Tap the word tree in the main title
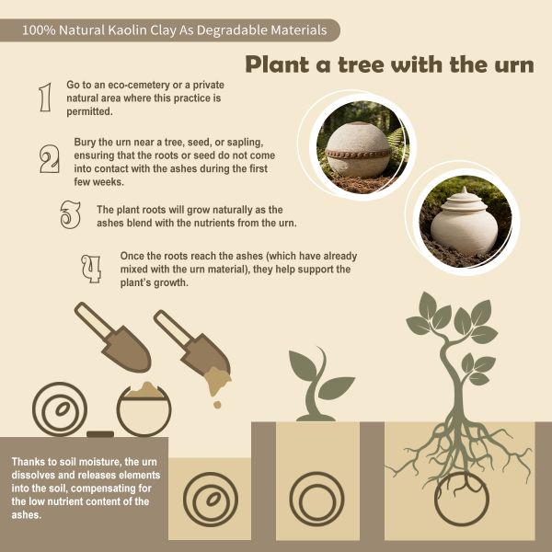point(360,64)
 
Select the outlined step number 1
point(45,98)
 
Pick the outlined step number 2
point(50,159)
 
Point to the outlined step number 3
point(70,214)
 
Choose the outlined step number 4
point(91,269)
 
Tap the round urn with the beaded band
point(358,150)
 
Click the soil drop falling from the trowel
point(217,405)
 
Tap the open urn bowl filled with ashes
point(144,409)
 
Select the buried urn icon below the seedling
point(316,500)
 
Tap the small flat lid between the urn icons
point(100,434)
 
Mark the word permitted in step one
point(89,112)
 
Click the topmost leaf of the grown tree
point(428,305)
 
